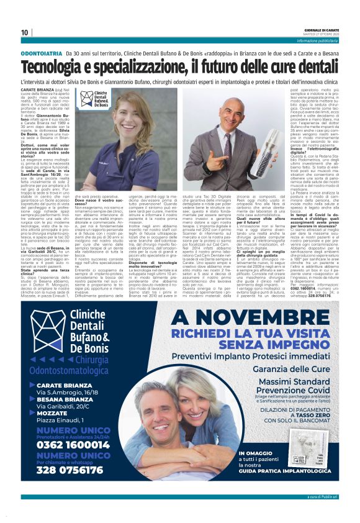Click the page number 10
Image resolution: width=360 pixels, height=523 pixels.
click(25, 32)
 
